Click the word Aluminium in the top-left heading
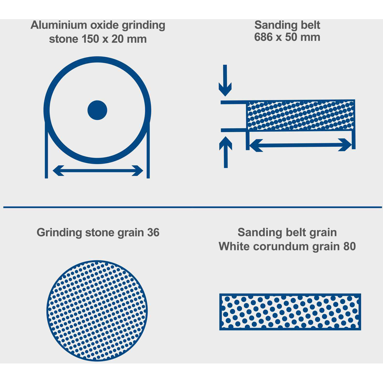pyautogui.click(x=59, y=25)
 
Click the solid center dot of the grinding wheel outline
pyautogui.click(x=97, y=110)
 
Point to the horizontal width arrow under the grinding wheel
pyautogui.click(x=98, y=170)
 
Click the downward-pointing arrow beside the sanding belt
pyautogui.click(x=225, y=80)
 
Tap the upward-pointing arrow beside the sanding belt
pyautogui.click(x=226, y=152)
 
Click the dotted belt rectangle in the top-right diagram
pyautogui.click(x=301, y=115)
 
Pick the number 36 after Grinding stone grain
pyautogui.click(x=153, y=232)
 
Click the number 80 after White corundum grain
pyautogui.click(x=349, y=246)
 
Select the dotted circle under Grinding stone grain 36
pyautogui.click(x=97, y=311)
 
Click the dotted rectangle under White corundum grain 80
pyautogui.click(x=290, y=312)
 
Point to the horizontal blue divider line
pyautogui.click(x=193, y=207)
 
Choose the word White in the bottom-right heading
pyautogui.click(x=234, y=246)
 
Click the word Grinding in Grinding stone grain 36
pyautogui.click(x=59, y=232)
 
